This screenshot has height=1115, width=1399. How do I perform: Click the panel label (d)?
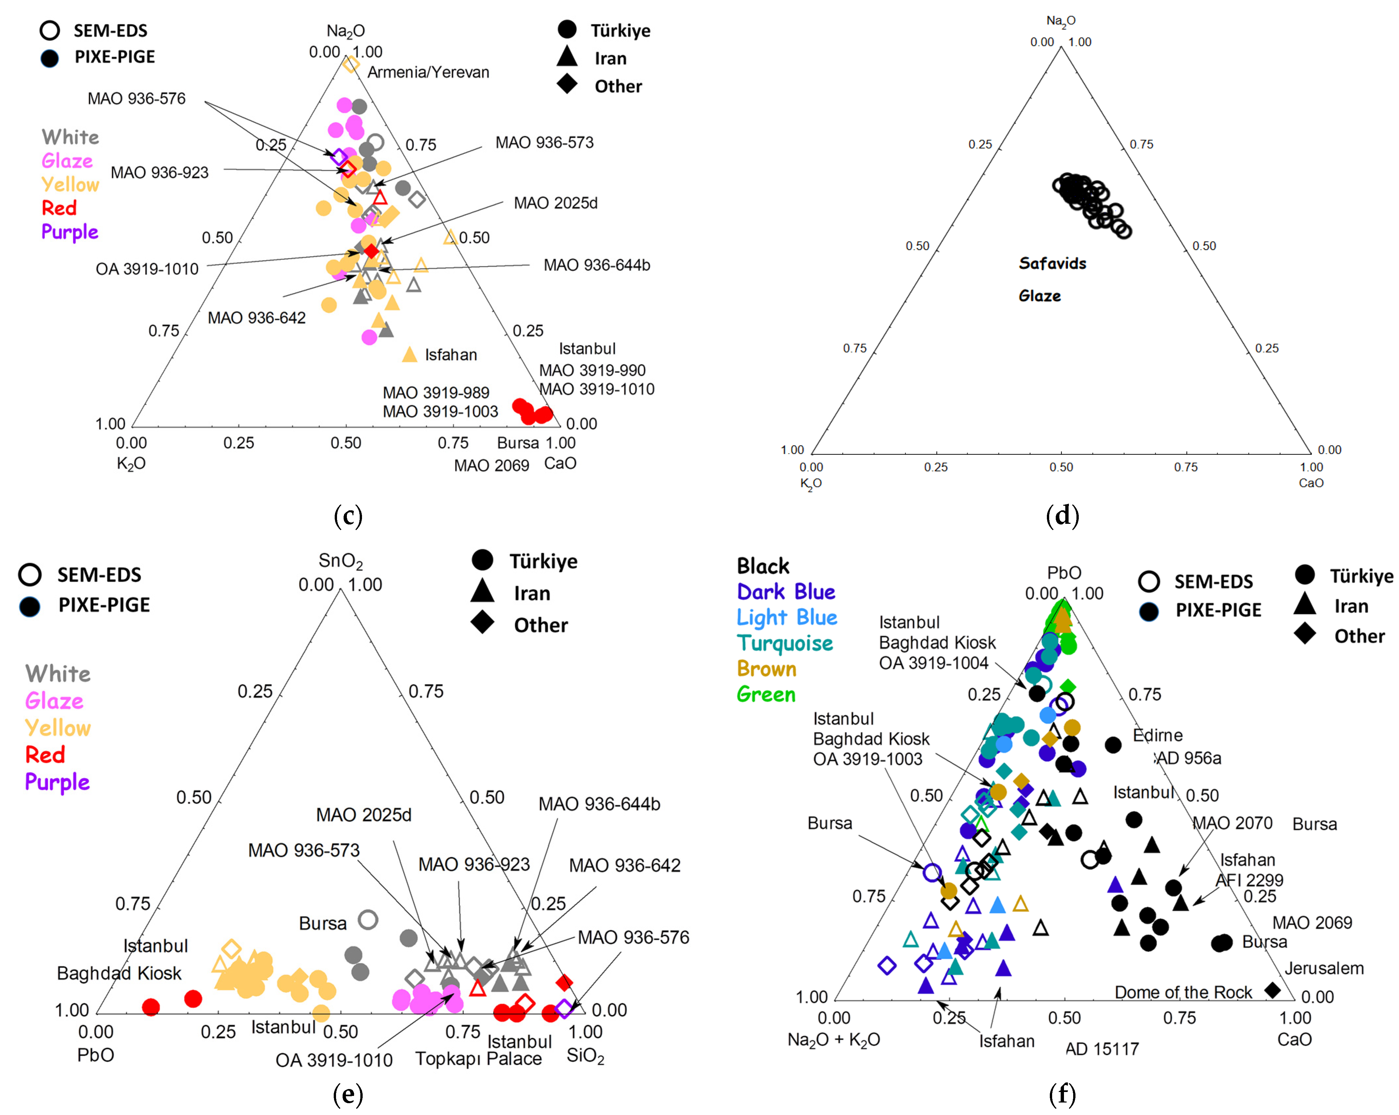[x=1062, y=516]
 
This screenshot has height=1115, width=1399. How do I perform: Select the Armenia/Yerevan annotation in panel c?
[x=428, y=72]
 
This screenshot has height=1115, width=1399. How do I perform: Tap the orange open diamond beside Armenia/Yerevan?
[x=351, y=63]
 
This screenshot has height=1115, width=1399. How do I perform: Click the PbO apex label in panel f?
[x=1064, y=572]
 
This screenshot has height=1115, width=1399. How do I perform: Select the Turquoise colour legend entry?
[x=784, y=643]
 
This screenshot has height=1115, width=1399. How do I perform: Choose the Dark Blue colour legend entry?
[x=786, y=592]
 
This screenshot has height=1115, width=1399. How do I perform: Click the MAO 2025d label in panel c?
[x=555, y=203]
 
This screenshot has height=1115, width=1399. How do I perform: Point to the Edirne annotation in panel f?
[x=1158, y=735]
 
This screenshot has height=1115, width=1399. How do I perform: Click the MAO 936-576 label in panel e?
[x=633, y=937]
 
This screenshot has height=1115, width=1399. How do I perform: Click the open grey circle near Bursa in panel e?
[x=368, y=919]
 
